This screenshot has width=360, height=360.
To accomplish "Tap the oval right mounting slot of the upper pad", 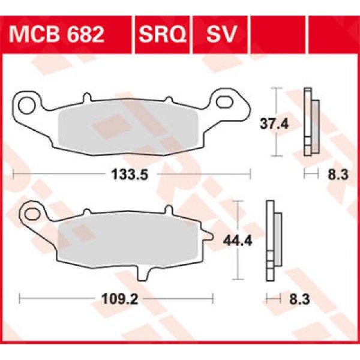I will (227, 102).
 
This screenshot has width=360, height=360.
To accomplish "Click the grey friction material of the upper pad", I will (126, 129).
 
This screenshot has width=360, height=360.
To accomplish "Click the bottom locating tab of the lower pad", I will (142, 271).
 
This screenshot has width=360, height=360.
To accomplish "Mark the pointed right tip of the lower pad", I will (211, 241).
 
